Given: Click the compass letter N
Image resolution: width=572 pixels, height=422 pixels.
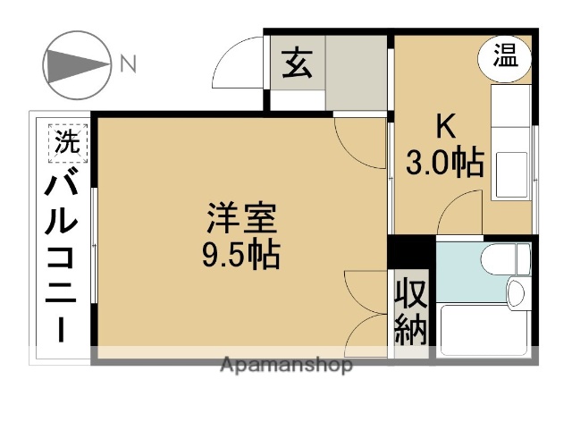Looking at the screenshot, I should (128, 63).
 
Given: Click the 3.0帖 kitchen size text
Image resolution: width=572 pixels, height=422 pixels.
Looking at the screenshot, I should (444, 163).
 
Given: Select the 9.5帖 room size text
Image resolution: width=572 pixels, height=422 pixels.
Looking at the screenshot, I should (240, 256).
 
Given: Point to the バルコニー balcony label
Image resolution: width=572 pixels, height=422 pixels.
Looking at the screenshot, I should (64, 259).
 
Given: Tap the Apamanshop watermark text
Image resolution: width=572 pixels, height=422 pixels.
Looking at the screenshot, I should (285, 365).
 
